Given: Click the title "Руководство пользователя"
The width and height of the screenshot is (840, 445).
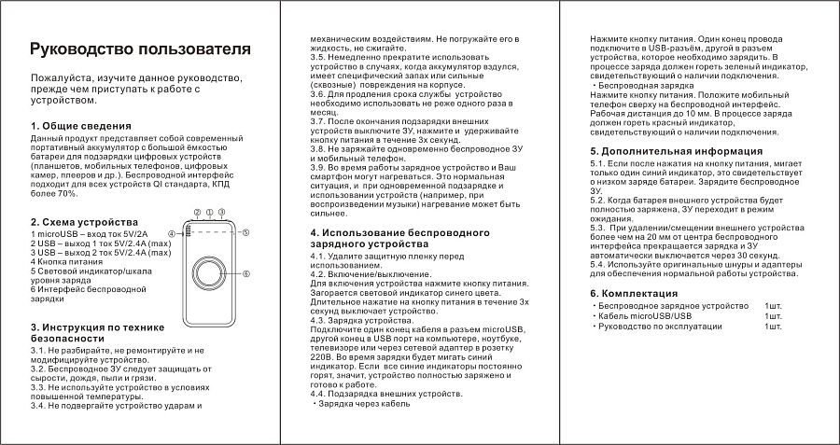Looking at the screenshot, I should tap(140, 49).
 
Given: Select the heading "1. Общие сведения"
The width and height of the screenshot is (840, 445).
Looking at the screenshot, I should tap(80, 126).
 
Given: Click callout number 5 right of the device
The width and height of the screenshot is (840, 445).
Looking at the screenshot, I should tap(245, 232).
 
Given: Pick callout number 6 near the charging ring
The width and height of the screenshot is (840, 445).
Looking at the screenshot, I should tap(245, 273).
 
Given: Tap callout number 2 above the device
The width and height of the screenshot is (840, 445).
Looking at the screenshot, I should tap(209, 213).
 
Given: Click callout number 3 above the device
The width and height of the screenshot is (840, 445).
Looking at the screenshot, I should tap(220, 213).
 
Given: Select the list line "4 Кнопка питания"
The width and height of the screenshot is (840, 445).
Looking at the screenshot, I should tap(68, 262).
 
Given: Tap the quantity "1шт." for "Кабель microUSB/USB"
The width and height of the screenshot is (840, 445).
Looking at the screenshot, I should tap(773, 315).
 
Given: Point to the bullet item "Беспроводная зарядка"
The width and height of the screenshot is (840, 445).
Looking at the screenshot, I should tap(642, 85).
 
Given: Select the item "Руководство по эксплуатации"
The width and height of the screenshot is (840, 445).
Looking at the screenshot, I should tap(659, 326).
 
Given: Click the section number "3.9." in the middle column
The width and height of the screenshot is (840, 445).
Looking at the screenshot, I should tap(322, 165).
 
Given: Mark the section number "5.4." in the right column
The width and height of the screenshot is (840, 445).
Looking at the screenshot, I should tap(602, 264).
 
